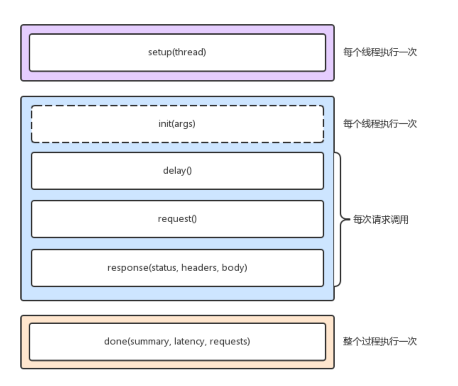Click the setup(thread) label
point(177,52)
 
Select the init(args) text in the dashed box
point(177,124)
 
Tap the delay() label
point(177,170)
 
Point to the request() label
point(177,219)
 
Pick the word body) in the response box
point(234,267)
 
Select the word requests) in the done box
point(230,341)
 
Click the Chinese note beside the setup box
point(380,52)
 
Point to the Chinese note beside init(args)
point(380,124)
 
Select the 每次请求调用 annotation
point(381,220)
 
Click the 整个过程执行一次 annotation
point(380,341)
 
